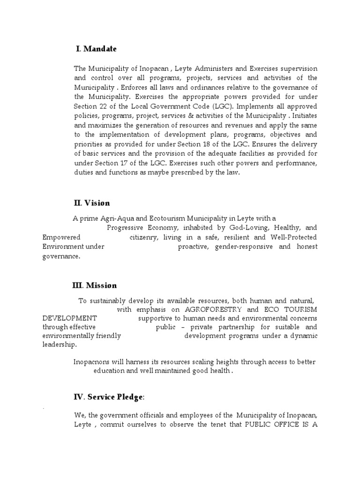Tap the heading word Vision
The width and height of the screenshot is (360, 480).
click(x=97, y=203)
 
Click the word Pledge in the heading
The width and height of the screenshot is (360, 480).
click(x=128, y=397)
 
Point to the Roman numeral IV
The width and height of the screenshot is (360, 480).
click(x=78, y=397)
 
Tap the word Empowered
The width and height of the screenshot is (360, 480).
click(x=61, y=238)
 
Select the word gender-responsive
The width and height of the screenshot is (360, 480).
click(x=244, y=247)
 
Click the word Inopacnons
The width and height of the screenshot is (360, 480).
click(x=93, y=362)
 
